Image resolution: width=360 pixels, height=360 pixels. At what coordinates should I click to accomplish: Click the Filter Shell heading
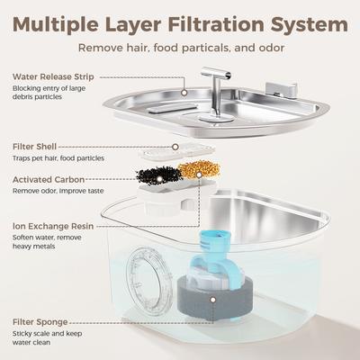[37, 145]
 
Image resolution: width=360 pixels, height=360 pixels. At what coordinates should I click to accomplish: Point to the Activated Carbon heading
[49, 179]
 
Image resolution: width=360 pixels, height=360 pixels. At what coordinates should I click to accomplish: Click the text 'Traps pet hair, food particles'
[58, 158]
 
